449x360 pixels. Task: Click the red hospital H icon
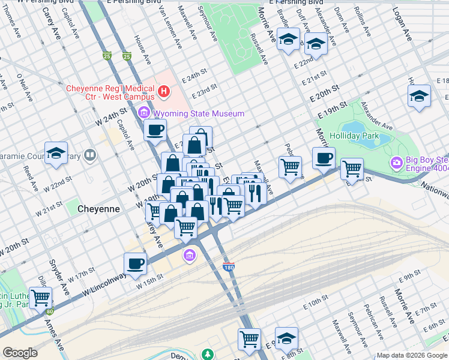click(164, 92)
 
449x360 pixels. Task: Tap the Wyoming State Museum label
click(191, 113)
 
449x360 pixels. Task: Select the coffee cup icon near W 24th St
click(155, 129)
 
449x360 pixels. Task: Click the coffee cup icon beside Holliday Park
click(324, 158)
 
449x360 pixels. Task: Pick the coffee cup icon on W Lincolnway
click(135, 263)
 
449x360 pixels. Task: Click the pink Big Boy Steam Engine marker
click(396, 163)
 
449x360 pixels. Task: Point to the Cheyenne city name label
click(99, 209)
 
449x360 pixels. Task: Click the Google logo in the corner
click(20, 353)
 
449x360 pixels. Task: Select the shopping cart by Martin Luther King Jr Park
click(41, 297)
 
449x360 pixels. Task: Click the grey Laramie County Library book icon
click(90, 156)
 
